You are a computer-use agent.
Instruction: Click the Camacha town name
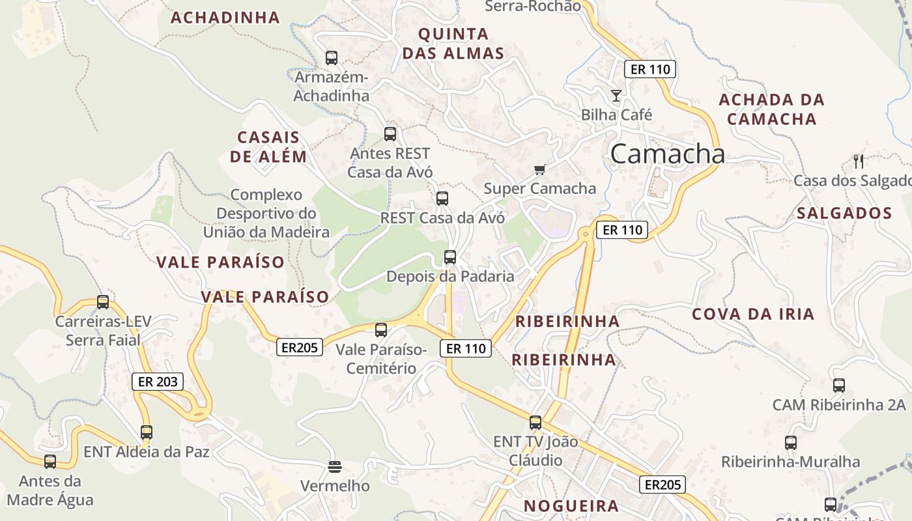[x=668, y=154]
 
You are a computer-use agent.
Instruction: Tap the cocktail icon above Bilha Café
[x=616, y=96]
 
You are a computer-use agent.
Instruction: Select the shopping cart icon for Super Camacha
[x=539, y=170]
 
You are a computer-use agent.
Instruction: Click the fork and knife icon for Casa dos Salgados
[x=859, y=161]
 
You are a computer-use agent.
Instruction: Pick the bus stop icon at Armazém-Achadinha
[x=332, y=58]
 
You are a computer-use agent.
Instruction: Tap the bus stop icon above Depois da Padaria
[x=450, y=257]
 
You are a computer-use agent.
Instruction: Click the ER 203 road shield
[x=158, y=382]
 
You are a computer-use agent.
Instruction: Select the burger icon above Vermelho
[x=335, y=466]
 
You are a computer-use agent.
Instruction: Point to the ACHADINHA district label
[x=225, y=18]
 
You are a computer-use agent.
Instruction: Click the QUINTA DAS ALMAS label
[x=453, y=44]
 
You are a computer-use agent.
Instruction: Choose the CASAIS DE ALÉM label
[x=268, y=147]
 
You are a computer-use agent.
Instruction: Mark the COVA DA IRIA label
[x=753, y=315]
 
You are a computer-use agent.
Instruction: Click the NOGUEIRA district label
[x=571, y=506]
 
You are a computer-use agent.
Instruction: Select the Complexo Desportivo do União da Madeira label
[x=266, y=214]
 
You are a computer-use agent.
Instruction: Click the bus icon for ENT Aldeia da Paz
[x=147, y=432]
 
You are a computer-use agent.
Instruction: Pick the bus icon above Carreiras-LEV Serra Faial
[x=103, y=302]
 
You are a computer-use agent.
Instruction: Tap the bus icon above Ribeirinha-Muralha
[x=791, y=443]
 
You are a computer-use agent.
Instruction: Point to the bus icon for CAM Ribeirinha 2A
[x=839, y=386]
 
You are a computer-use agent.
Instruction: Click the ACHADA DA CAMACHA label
[x=772, y=109]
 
